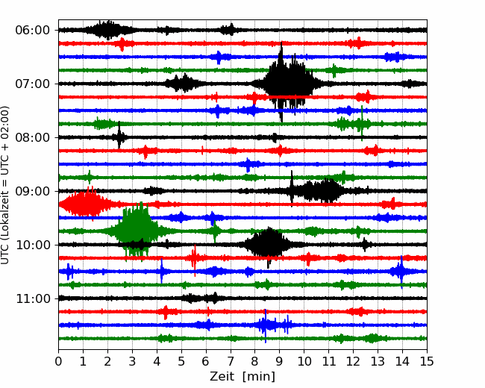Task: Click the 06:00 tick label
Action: pyautogui.click(x=33, y=31)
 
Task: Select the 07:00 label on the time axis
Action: pyautogui.click(x=33, y=84)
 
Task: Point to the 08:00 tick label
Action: pyautogui.click(x=33, y=137)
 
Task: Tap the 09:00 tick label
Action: pyautogui.click(x=33, y=191)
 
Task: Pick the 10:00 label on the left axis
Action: pyautogui.click(x=33, y=245)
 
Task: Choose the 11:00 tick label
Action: pyautogui.click(x=33, y=298)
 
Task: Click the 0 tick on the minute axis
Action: pyautogui.click(x=58, y=361)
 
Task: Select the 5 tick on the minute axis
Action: pyautogui.click(x=181, y=361)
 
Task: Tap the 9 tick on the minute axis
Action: pyautogui.click(x=280, y=361)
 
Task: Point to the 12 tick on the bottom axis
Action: pyautogui.click(x=353, y=361)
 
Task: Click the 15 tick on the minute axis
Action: pyautogui.click(x=427, y=361)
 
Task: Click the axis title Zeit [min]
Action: pyautogui.click(x=242, y=377)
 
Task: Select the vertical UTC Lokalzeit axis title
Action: pyautogui.click(x=5, y=185)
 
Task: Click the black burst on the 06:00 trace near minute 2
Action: pyautogui.click(x=107, y=30)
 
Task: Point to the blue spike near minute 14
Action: pyautogui.click(x=401, y=272)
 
